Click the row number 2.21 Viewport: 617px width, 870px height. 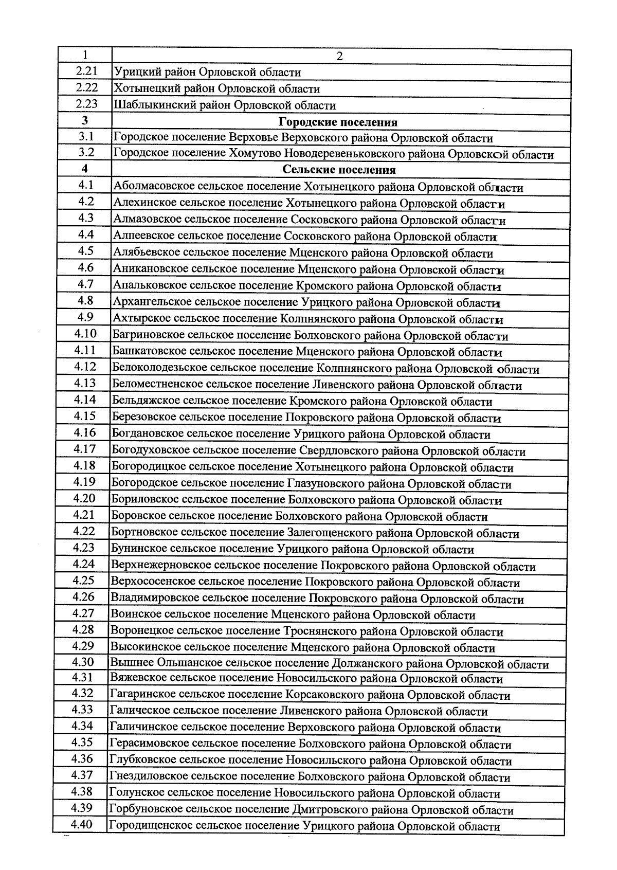pyautogui.click(x=86, y=71)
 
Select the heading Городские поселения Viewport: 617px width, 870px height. pyautogui.click(x=338, y=122)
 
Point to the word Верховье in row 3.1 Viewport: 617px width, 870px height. pyautogui.click(x=255, y=138)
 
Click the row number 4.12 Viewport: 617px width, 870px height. pyautogui.click(x=85, y=367)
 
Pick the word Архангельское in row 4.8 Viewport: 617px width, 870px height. pyautogui.click(x=152, y=302)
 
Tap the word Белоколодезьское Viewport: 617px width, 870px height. pyautogui.click(x=160, y=369)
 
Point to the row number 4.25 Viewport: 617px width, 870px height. pyautogui.click(x=83, y=581)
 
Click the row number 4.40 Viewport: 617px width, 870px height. pyautogui.click(x=82, y=824)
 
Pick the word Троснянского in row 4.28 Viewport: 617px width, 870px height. pyautogui.click(x=317, y=631)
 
